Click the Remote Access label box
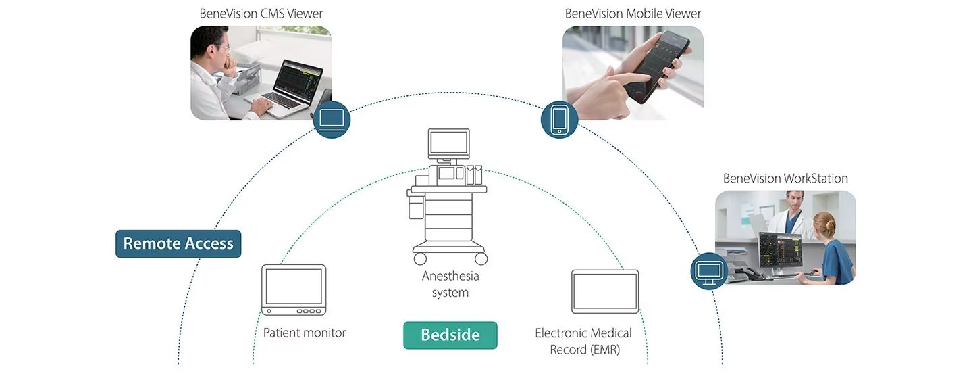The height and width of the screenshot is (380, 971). [178, 243]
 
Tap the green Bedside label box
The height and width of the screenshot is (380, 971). [450, 335]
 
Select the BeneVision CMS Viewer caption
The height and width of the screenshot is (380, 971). [261, 14]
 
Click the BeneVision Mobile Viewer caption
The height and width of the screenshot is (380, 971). [633, 14]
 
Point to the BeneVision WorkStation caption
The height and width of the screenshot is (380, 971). [785, 179]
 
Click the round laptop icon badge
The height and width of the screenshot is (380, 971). [332, 120]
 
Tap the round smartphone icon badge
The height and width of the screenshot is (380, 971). [559, 120]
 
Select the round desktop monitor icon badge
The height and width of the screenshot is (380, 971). [709, 271]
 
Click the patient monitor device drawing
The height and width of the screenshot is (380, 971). [293, 289]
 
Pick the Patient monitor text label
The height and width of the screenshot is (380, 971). [304, 333]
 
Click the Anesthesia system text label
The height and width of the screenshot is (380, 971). [450, 284]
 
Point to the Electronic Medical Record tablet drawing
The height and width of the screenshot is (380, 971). [604, 291]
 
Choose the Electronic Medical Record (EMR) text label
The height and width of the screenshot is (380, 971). [583, 341]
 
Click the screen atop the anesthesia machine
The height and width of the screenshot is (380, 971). [448, 143]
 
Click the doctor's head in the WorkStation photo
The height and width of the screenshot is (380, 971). [795, 200]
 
